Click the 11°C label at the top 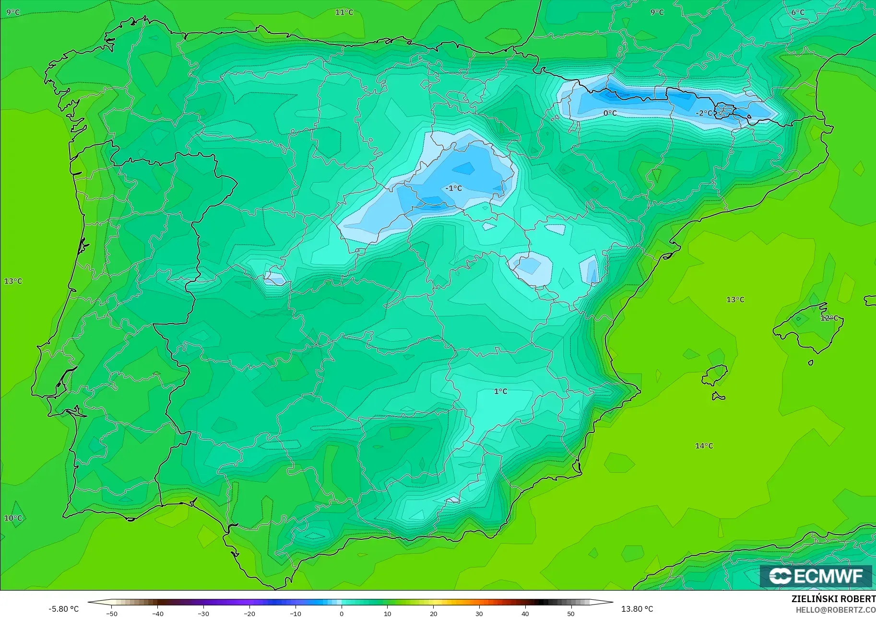click(x=344, y=12)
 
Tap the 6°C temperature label click(x=798, y=12)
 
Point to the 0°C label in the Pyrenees click(x=610, y=113)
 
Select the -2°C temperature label click(x=704, y=113)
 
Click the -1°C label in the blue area click(x=453, y=188)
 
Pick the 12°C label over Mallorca click(x=829, y=318)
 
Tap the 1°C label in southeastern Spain click(x=500, y=391)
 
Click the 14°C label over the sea click(x=704, y=446)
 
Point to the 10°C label click(x=13, y=518)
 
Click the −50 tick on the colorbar click(x=111, y=613)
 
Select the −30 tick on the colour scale click(x=203, y=613)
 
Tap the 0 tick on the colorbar click(x=341, y=613)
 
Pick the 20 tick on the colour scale click(x=433, y=613)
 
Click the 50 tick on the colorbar click(x=571, y=613)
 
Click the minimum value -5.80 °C click(x=63, y=609)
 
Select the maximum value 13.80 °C click(x=637, y=609)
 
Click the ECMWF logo click(x=816, y=576)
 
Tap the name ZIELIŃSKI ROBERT click(x=833, y=599)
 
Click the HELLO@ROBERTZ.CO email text click(x=836, y=610)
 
